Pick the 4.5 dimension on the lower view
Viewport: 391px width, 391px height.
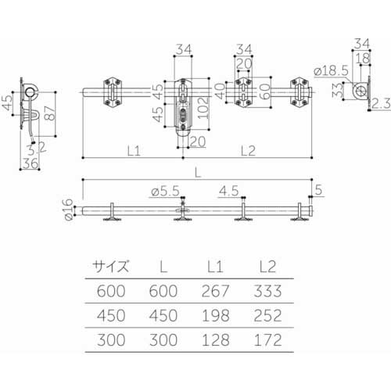228,189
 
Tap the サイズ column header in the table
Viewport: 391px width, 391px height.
110,265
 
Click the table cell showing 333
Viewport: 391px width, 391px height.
267,291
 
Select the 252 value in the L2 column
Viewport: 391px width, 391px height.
267,316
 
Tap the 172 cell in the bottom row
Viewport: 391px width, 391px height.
267,341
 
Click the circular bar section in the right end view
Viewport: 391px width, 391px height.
361,92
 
